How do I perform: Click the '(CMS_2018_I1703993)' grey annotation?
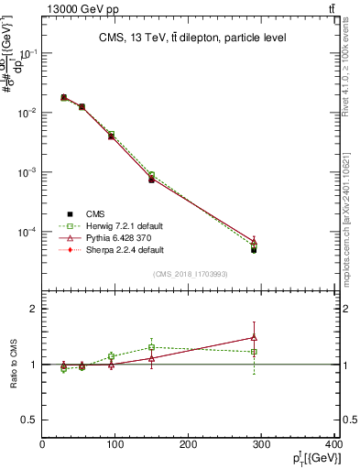[x=191, y=273]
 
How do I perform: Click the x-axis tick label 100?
[x=115, y=445]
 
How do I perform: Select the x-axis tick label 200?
[x=189, y=445]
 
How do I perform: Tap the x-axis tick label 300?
[x=262, y=445]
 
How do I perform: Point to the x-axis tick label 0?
[x=43, y=445]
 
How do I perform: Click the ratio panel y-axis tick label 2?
[x=33, y=309]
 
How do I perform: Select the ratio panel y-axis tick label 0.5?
[x=29, y=420]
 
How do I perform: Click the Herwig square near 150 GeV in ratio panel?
[x=151, y=347]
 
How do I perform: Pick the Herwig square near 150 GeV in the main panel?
[x=151, y=175]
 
